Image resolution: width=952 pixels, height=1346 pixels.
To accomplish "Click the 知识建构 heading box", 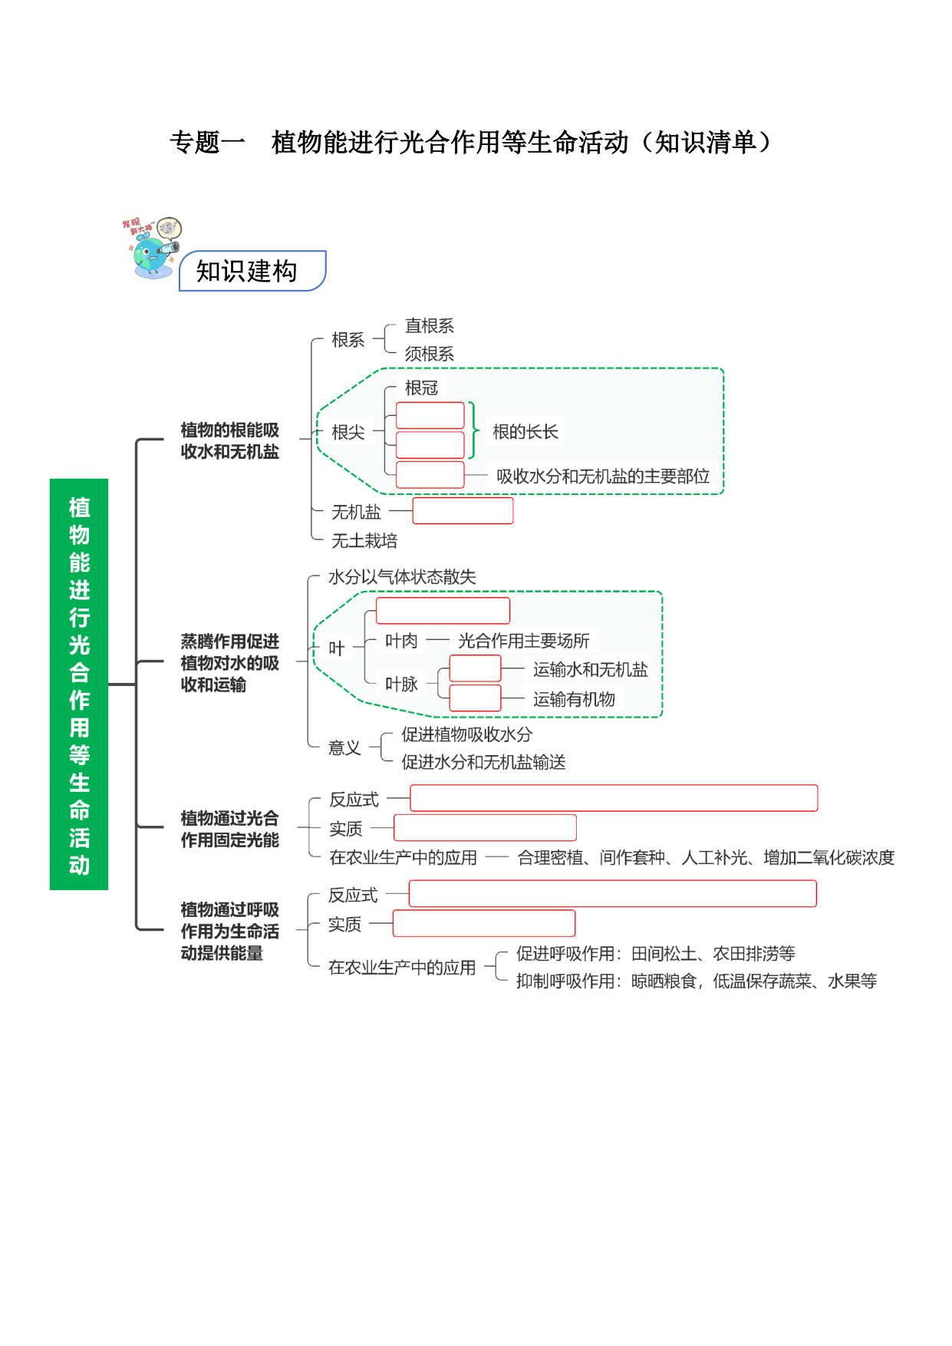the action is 252,271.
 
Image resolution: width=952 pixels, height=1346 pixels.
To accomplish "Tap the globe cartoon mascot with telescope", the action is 153,248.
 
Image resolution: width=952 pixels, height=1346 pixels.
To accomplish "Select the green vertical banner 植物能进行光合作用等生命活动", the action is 79,684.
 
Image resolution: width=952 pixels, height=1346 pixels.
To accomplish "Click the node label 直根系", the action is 430,326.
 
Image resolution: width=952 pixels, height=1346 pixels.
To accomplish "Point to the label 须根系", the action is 430,354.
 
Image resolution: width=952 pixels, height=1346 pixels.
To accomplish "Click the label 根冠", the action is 421,388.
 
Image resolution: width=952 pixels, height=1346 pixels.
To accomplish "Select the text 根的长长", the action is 525,432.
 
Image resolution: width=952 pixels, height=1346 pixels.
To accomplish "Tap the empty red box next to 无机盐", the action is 463,510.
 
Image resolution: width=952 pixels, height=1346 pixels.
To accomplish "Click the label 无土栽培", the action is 364,541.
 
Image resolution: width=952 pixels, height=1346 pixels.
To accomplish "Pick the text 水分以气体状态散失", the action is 402,577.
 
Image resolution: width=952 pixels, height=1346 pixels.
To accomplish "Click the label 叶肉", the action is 401,641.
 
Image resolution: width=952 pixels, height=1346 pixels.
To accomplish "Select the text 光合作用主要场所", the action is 524,641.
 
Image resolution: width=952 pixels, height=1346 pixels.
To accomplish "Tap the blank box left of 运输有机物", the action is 475,698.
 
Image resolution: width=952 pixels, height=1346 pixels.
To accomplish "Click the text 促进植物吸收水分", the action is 467,734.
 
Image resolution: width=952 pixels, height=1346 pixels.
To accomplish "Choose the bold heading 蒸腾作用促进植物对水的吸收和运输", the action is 229,663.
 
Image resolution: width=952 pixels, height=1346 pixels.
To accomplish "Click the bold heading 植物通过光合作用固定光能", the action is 229,830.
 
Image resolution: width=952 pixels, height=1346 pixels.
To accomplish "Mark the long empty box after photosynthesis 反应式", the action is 614,798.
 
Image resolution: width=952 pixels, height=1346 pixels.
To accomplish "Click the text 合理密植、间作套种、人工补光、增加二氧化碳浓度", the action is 706,858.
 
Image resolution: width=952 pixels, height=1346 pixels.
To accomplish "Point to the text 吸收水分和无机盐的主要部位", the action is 603,477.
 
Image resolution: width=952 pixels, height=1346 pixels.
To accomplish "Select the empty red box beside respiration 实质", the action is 484,923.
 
